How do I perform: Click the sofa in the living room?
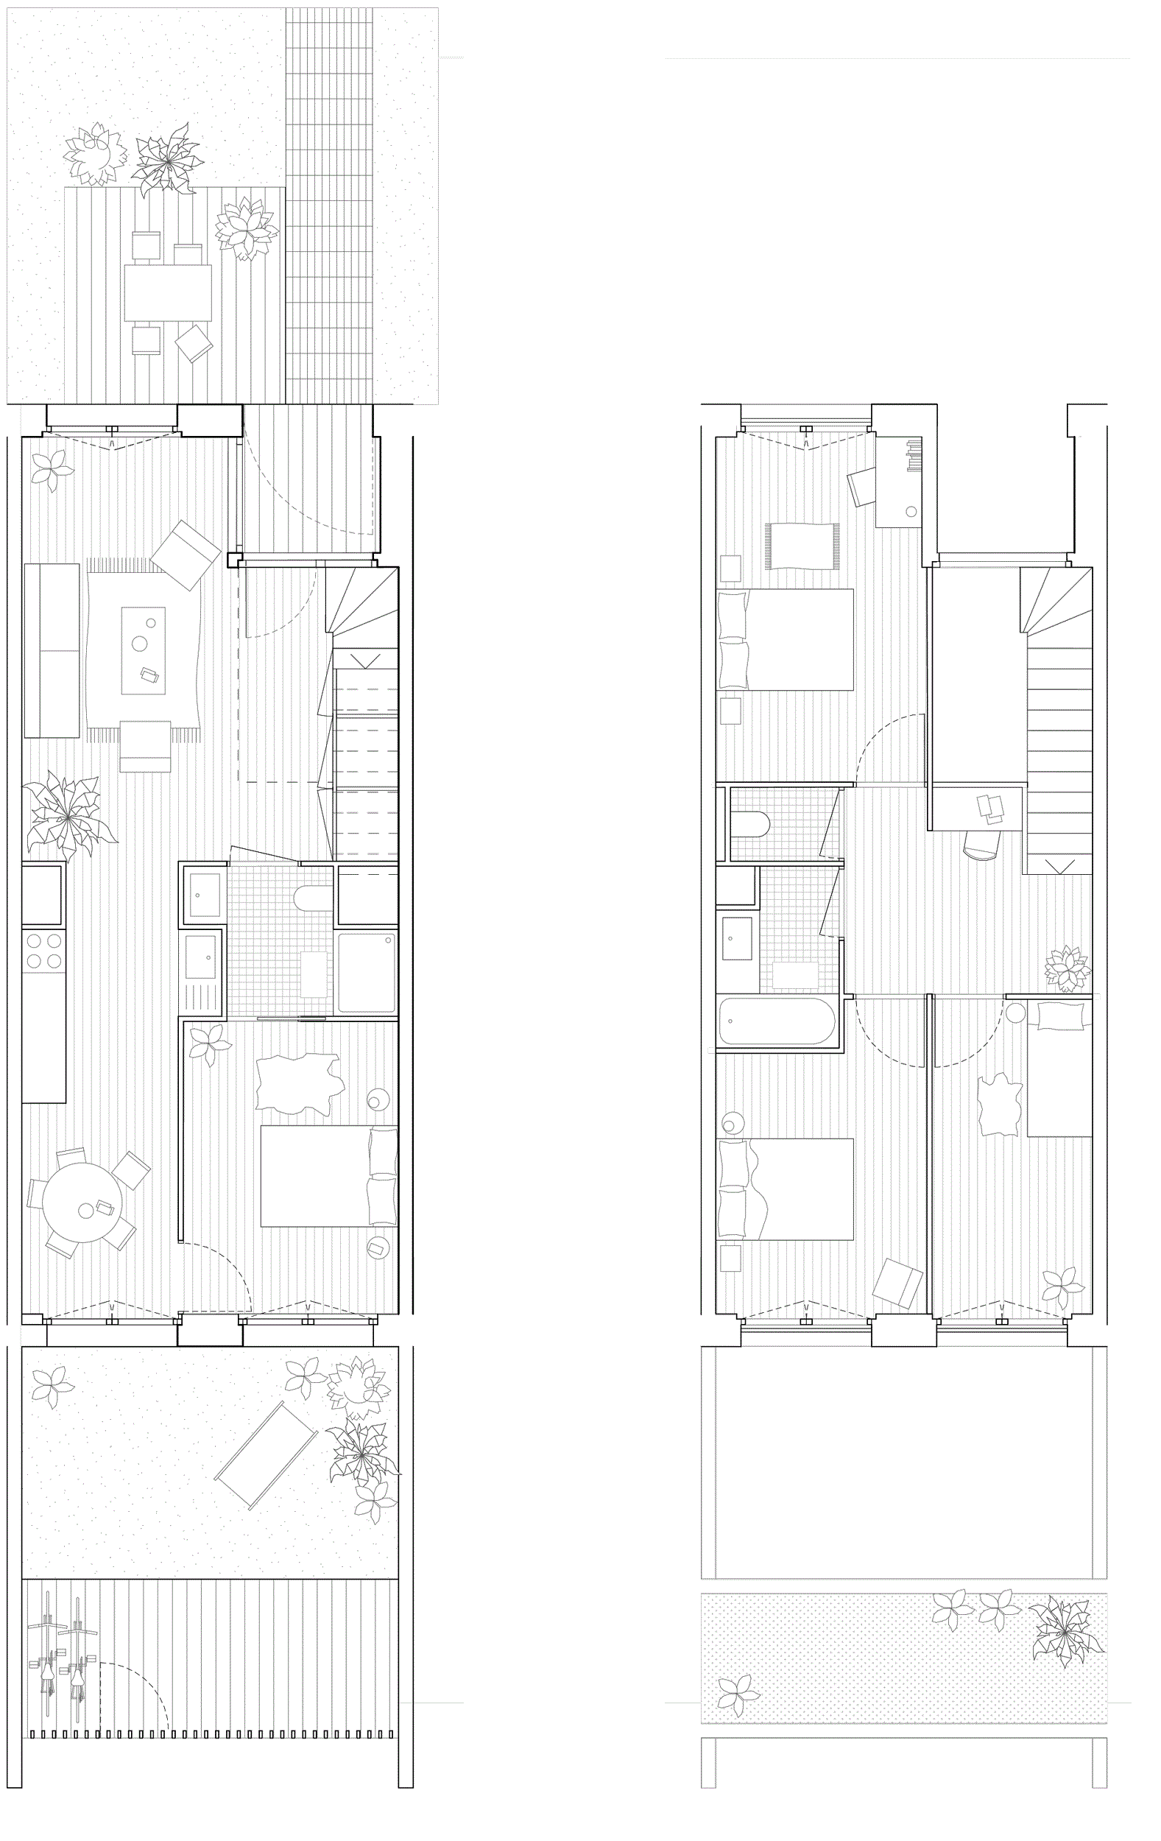(52, 650)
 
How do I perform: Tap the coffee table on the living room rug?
(143, 650)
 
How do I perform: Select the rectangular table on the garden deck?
(167, 293)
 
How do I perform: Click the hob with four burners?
(43, 950)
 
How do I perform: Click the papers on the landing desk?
(990, 809)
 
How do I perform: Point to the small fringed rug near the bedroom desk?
(802, 546)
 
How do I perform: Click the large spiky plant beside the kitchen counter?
(67, 816)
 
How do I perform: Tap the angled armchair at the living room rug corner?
(186, 555)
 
